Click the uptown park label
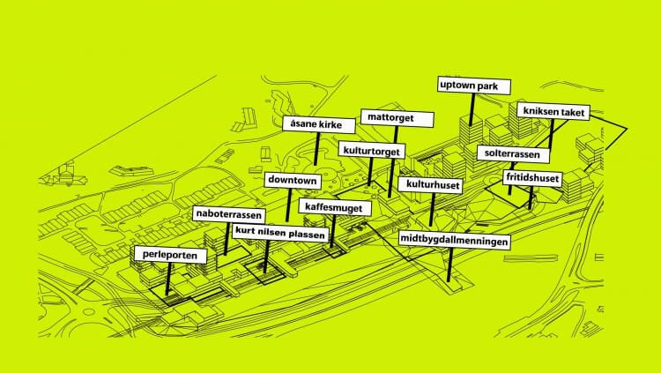point(474,86)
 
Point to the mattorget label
point(386,117)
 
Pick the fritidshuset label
point(531,178)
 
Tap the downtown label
point(292,181)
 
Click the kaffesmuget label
point(336,207)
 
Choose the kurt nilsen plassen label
point(279,234)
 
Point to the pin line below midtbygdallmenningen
point(449,265)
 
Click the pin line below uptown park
point(472,109)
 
